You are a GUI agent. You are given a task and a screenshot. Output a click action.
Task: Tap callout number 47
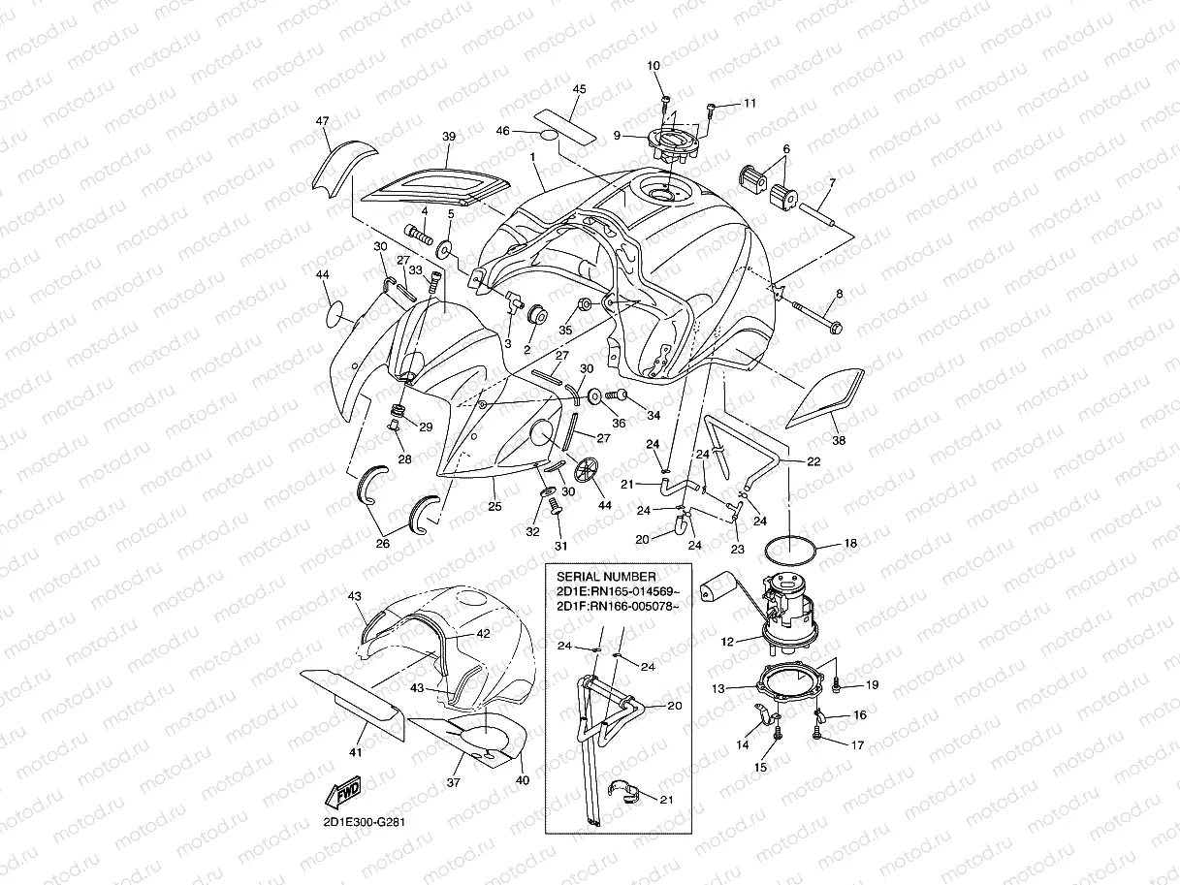coord(323,121)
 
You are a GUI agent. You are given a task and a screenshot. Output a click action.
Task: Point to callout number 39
coord(448,138)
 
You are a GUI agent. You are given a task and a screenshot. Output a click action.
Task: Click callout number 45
coord(580,89)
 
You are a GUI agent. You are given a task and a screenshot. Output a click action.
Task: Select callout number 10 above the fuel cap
coord(654,65)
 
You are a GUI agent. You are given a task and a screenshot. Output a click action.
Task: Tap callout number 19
coord(872,685)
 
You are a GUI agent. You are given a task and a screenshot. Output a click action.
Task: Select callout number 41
coord(356,751)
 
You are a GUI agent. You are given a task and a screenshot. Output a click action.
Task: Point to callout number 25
coord(495,506)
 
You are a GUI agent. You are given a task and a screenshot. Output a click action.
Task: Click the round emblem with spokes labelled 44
coord(584,471)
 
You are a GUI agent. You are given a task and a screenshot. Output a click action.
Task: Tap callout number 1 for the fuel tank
coord(532,156)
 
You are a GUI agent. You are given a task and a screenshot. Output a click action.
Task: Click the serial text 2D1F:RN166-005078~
coord(618,608)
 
